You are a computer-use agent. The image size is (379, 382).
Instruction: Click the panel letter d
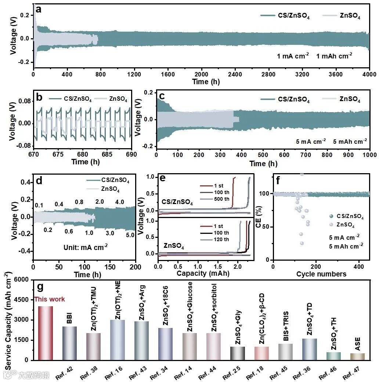coord(39,181)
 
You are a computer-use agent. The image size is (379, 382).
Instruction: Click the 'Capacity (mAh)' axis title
coord(203,273)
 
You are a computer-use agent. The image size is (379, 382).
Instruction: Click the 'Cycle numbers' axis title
coord(321,274)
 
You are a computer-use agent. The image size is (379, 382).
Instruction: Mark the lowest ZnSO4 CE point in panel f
coord(302,243)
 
